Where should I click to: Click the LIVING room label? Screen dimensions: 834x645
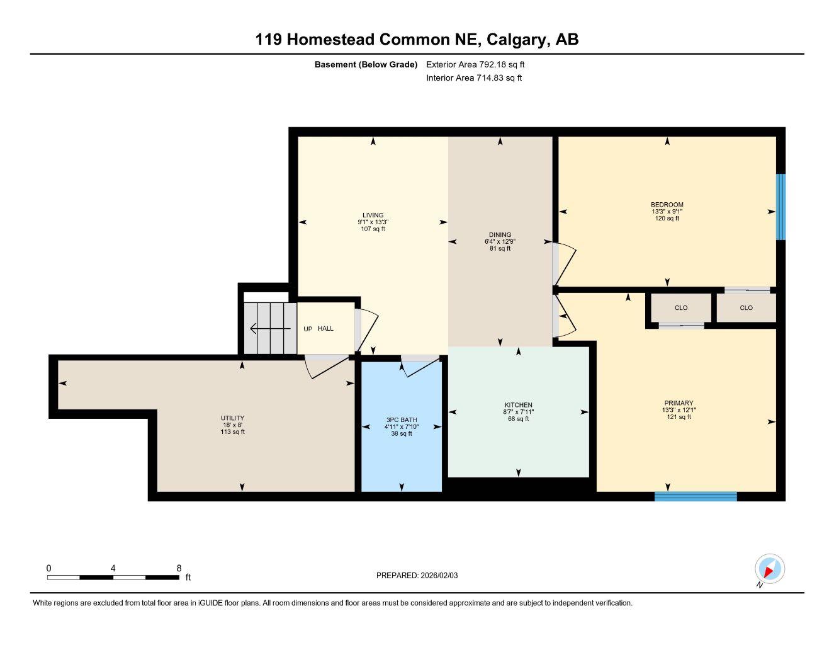click(x=373, y=215)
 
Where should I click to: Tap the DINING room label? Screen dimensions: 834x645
click(x=500, y=234)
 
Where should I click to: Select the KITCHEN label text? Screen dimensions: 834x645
click(x=518, y=405)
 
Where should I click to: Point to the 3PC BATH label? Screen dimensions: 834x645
click(x=402, y=420)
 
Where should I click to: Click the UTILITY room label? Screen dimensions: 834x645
click(x=232, y=418)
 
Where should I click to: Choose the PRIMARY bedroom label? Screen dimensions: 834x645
click(x=679, y=403)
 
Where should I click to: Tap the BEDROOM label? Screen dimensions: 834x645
click(x=667, y=205)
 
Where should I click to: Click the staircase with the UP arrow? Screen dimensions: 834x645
click(x=271, y=328)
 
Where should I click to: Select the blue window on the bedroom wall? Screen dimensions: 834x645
click(x=780, y=207)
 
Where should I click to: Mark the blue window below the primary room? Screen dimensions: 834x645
click(x=696, y=496)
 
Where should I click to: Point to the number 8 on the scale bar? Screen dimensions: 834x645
click(x=179, y=568)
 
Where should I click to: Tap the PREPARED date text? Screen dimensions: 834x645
click(x=417, y=576)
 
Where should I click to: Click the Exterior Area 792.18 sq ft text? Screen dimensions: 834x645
click(x=475, y=64)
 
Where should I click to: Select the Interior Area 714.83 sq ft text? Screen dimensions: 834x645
click(x=474, y=78)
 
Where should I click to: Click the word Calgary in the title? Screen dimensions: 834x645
click(x=516, y=40)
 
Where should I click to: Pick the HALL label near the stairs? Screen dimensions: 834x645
click(x=325, y=329)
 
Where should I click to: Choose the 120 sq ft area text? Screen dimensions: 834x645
click(x=667, y=219)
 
